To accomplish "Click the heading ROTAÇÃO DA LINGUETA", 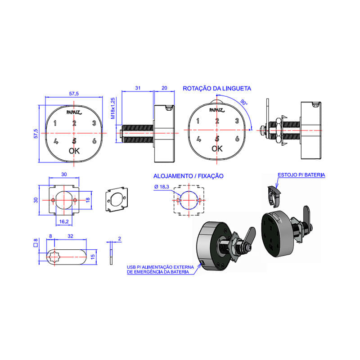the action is click(217, 89).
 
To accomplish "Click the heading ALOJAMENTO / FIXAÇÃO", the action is click(188, 176).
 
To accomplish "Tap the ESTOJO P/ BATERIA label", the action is click(301, 175).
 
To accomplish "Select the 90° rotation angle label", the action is click(244, 102).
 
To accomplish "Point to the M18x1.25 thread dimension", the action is click(113, 108).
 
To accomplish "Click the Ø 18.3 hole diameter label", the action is click(162, 187).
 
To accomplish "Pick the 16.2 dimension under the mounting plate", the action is click(64, 221).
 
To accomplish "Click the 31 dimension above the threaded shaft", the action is click(138, 88).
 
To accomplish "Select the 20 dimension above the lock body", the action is click(164, 88).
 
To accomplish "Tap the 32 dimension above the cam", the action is click(70, 236).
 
